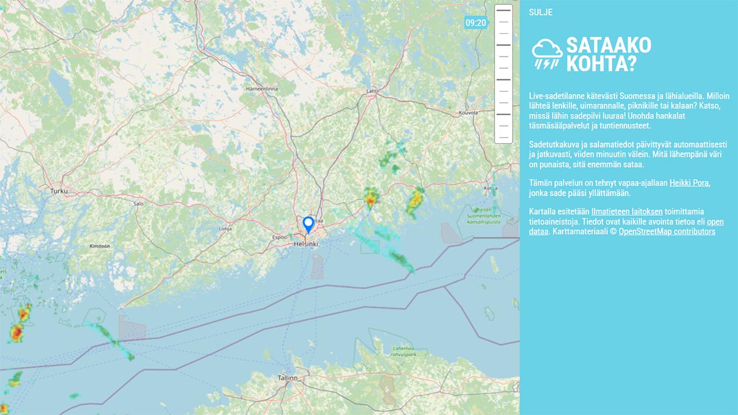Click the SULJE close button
[x=540, y=12]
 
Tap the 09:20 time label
[x=476, y=23]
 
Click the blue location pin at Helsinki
[x=309, y=224]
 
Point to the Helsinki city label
[x=306, y=244]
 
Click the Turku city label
[x=59, y=191]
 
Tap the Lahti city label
[x=372, y=91]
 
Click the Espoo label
[x=280, y=235]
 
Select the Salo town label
[x=138, y=204]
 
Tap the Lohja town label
[x=225, y=229]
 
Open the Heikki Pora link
[x=689, y=183]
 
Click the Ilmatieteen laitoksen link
[x=627, y=211]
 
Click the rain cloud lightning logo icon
[x=547, y=53]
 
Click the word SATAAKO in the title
[x=608, y=45]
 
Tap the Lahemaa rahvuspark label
[x=404, y=351]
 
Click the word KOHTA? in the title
[x=601, y=64]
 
